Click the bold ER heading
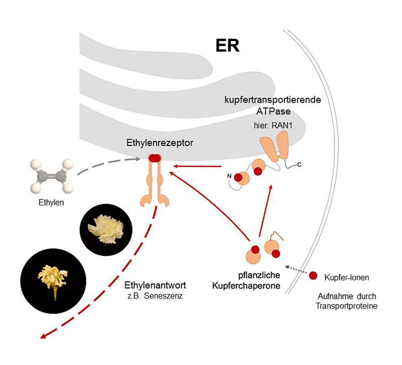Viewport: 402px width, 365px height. pos(227,46)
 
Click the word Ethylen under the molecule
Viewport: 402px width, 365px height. pos(51,202)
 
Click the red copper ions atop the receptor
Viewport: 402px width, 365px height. pos(154,158)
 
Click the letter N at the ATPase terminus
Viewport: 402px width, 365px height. pos(230,176)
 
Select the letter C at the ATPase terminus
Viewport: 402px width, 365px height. pos(299,165)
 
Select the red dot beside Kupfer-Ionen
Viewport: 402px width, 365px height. pos(313,276)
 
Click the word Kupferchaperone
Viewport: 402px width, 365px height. pos(246,286)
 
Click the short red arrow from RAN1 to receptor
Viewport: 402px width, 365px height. pos(198,166)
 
